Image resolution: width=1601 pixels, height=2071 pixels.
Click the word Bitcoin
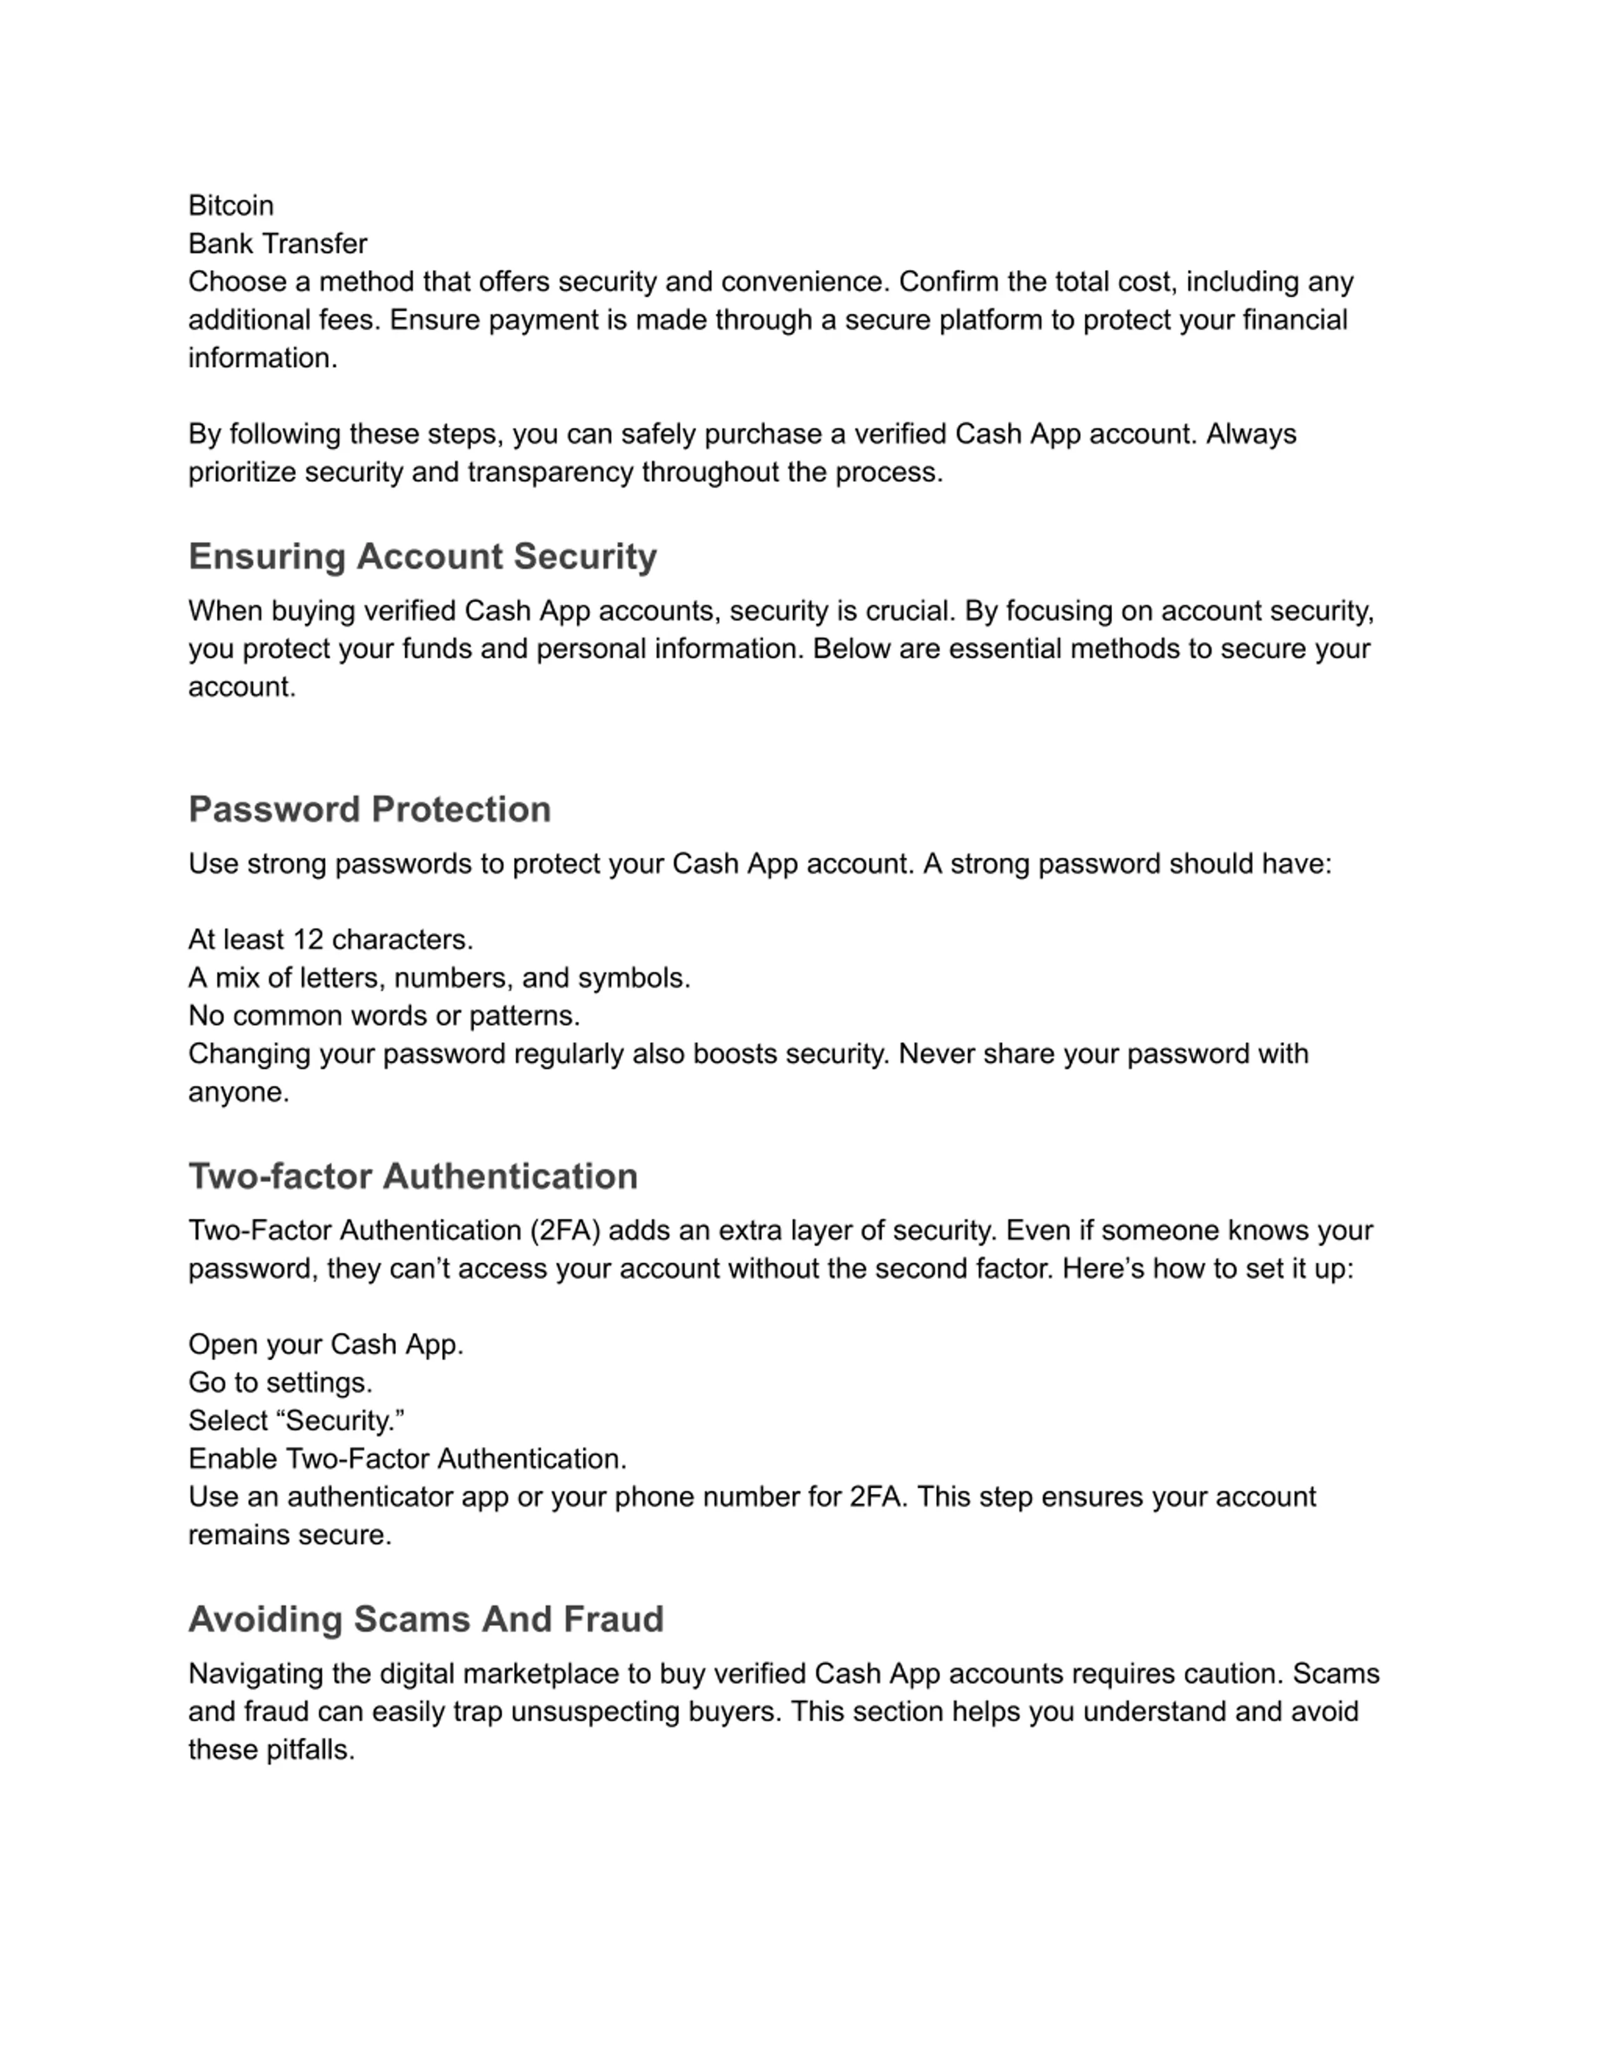point(231,206)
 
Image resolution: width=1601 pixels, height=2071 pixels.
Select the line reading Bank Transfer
point(277,244)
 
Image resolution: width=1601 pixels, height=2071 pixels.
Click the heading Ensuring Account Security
point(422,556)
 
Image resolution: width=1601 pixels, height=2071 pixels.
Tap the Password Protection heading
point(369,809)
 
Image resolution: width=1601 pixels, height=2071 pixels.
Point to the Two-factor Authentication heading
point(413,1176)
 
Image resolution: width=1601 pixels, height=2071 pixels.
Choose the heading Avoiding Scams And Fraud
point(426,1618)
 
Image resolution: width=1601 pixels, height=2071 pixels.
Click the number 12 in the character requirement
point(308,940)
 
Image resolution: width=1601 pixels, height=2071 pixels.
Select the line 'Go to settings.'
point(280,1383)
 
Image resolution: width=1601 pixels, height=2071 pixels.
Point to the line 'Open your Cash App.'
point(325,1345)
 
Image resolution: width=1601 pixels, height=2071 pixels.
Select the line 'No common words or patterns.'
point(383,1016)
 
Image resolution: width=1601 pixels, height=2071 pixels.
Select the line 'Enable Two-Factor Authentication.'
point(407,1458)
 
